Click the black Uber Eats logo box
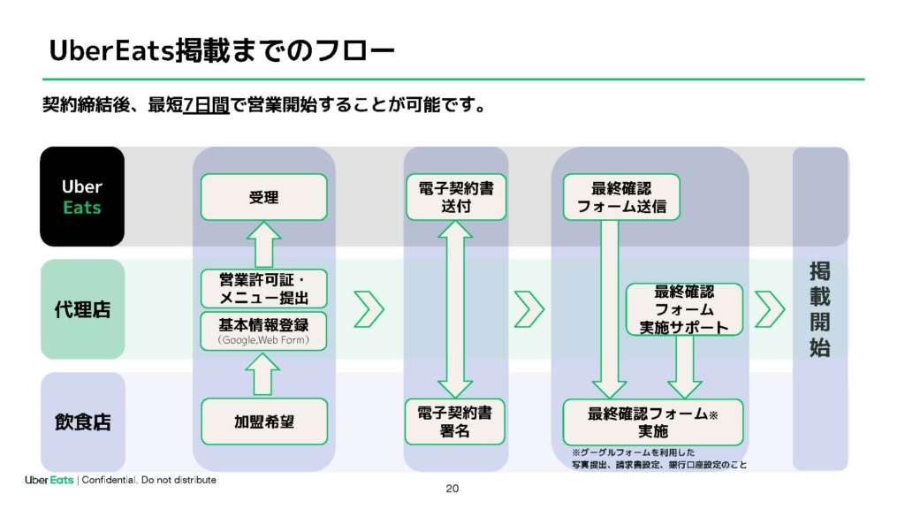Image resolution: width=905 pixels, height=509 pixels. point(82,196)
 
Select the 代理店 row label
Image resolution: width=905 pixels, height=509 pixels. point(82,309)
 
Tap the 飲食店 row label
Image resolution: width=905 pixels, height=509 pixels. point(82,422)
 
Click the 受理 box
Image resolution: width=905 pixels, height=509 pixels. point(263,197)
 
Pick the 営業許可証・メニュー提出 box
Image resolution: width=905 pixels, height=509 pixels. point(263,289)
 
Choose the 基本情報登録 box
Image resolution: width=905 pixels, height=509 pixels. point(263,331)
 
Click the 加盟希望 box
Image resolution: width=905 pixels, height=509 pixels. point(263,422)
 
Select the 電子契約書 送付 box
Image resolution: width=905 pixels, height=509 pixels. point(456,197)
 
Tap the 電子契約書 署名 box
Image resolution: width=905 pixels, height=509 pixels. point(456,422)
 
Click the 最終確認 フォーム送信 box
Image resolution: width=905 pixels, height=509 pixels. point(621,197)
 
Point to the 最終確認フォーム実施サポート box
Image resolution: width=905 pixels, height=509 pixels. point(684,309)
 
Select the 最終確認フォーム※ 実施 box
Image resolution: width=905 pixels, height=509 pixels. point(652,422)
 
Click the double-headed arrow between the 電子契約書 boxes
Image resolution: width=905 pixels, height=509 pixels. point(456,309)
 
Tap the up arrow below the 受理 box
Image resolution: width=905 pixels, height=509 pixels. point(263,245)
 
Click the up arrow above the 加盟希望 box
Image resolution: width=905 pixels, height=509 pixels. point(263,375)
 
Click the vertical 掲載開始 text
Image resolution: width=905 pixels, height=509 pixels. point(819,309)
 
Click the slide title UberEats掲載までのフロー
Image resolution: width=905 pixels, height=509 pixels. point(221,51)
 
